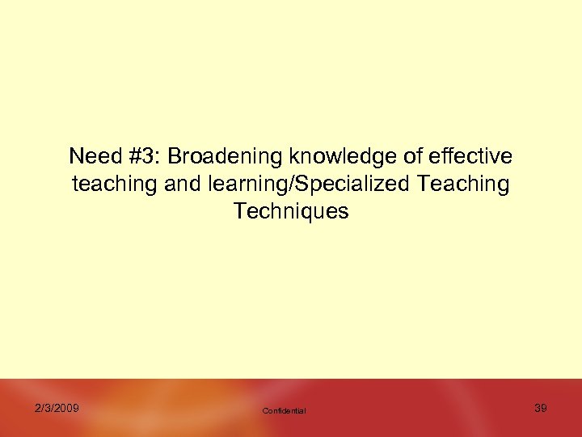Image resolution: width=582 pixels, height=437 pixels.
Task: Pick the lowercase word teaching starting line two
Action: point(115,185)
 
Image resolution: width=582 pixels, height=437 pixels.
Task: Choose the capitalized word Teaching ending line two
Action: point(463,185)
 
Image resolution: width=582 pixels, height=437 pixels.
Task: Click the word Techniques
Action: point(291,212)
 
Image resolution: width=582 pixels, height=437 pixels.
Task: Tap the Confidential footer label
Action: point(284,411)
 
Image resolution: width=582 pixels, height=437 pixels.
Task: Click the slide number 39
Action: point(541,408)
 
